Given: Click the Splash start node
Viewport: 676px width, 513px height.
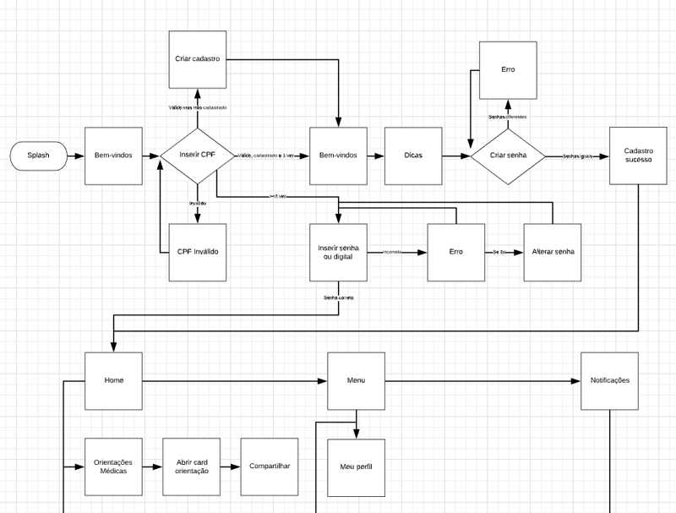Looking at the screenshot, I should click(x=39, y=156).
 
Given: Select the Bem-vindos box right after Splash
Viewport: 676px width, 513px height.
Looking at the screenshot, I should click(x=114, y=156).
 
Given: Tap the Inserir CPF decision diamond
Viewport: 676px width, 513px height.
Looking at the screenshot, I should click(x=198, y=156).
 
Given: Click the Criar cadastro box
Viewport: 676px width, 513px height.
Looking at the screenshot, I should click(x=198, y=59).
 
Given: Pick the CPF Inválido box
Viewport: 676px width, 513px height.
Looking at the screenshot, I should click(x=198, y=253).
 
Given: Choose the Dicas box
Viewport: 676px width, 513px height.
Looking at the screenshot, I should click(x=413, y=156).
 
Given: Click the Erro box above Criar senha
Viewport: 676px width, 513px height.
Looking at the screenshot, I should click(x=508, y=69).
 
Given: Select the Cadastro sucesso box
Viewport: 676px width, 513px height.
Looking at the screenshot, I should click(x=638, y=155).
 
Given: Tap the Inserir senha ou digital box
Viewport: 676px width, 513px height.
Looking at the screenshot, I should click(x=338, y=252).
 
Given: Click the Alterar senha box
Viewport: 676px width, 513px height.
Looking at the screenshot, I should click(x=553, y=252).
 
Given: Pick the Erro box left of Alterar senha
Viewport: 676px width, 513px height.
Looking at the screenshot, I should click(x=456, y=252).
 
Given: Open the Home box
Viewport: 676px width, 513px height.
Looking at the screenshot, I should click(x=114, y=380).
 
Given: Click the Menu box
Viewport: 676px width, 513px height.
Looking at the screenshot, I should click(x=356, y=380).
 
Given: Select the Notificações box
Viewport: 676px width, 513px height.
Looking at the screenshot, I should click(x=609, y=380).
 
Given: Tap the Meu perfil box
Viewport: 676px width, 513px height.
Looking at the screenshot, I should click(x=356, y=467).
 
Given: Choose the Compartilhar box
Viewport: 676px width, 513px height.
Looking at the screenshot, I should click(x=270, y=467).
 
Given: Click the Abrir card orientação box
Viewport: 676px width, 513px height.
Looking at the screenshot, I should click(x=192, y=467).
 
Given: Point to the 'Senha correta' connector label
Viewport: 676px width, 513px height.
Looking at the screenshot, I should click(x=339, y=297).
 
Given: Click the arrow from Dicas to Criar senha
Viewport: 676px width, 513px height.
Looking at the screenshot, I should click(x=456, y=156).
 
